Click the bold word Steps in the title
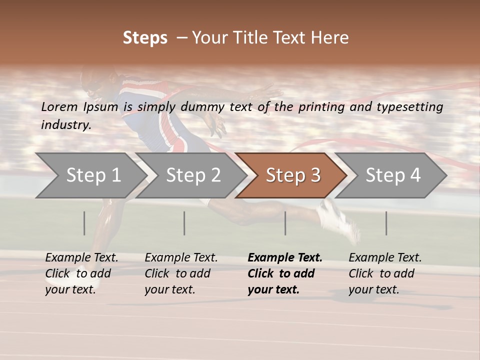(x=145, y=38)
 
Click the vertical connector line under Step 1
(x=84, y=223)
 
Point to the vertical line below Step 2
(x=184, y=223)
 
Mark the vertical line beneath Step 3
(x=285, y=223)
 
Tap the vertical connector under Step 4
(x=386, y=223)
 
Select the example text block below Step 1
(x=81, y=273)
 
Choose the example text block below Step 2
(x=181, y=273)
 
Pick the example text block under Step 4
(x=385, y=273)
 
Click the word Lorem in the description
(x=59, y=107)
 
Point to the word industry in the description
(x=66, y=125)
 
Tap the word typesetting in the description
(x=409, y=107)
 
